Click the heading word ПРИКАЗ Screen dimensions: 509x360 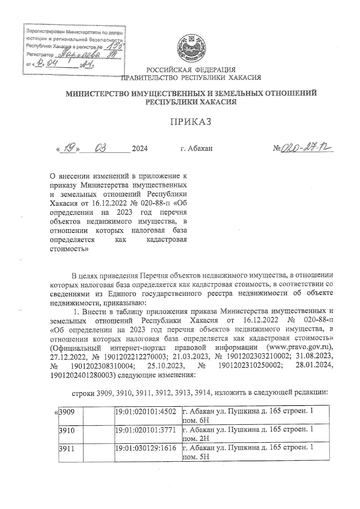[191, 122]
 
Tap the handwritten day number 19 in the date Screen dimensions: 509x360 [68, 148]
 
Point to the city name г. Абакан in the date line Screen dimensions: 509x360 [196, 148]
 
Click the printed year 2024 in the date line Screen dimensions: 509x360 [140, 148]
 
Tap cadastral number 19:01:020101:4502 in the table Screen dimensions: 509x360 [148, 412]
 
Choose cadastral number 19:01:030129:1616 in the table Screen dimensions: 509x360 [148, 449]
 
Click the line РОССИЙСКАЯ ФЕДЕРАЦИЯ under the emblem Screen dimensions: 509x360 [191, 70]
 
